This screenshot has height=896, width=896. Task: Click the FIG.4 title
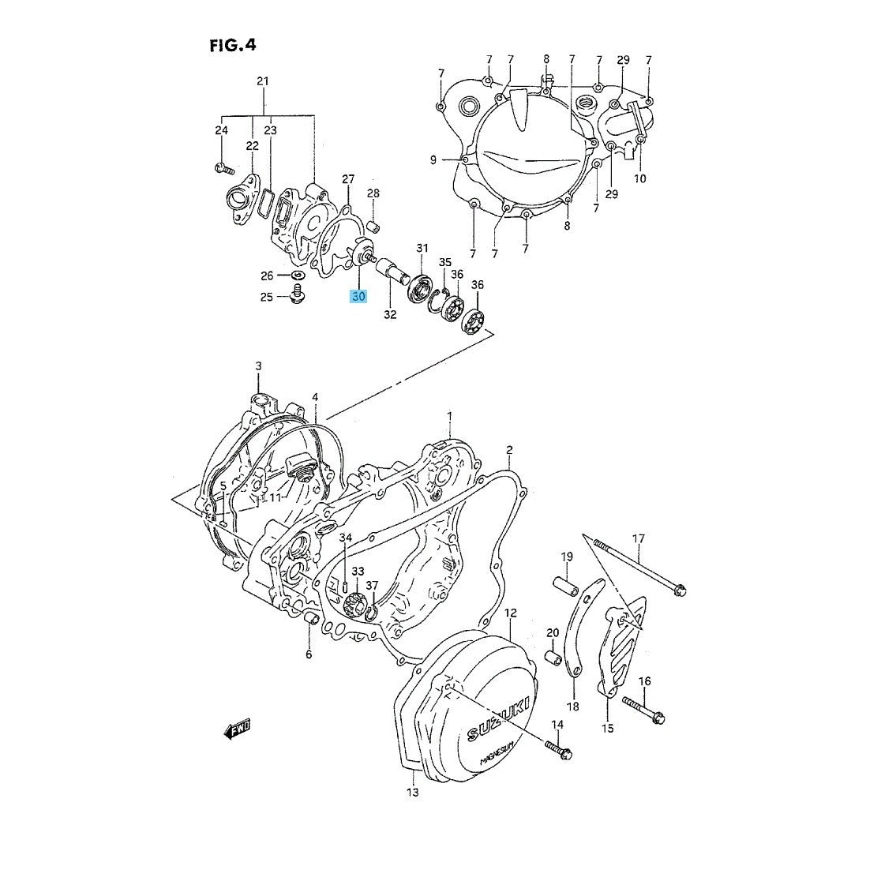[x=233, y=44]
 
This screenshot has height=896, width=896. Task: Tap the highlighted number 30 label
[x=359, y=297]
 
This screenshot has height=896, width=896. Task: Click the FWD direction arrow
[x=237, y=729]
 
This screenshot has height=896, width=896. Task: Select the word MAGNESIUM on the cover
[x=498, y=752]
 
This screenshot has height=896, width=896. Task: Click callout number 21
[x=262, y=81]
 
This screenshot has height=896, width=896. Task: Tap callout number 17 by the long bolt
[x=639, y=538]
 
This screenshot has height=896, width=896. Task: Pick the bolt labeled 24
[x=224, y=168]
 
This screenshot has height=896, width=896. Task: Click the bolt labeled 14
[x=558, y=749]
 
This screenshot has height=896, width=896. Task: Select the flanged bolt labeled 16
[x=643, y=709]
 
